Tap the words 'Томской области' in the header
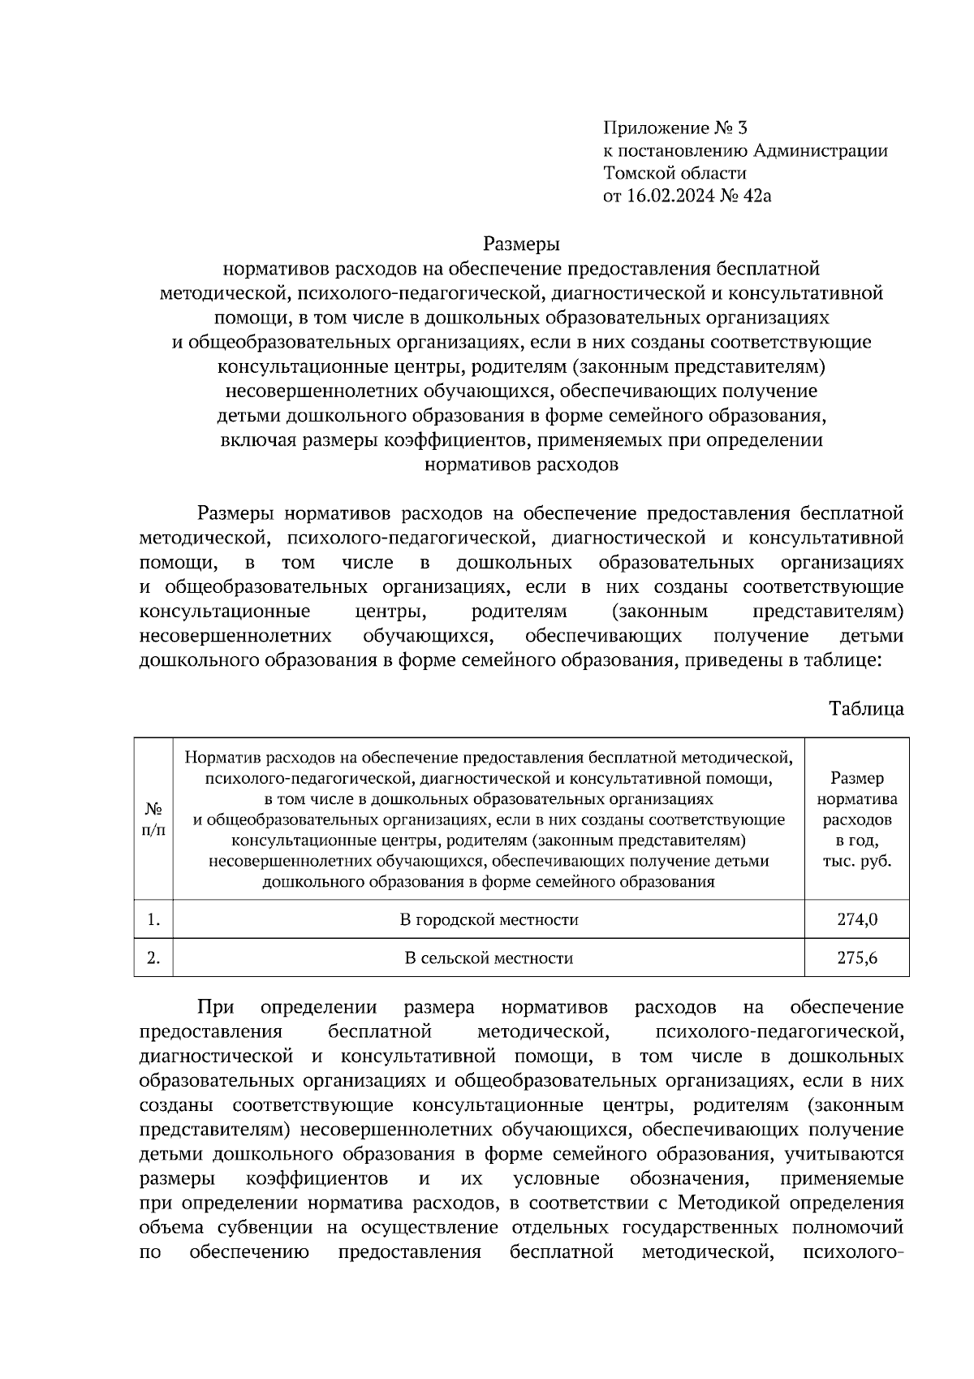tap(674, 173)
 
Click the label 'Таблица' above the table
tap(866, 708)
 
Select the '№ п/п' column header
tap(153, 819)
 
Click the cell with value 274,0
tap(857, 919)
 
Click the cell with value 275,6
tap(857, 958)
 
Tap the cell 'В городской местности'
tap(489, 919)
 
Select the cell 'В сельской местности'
tap(489, 958)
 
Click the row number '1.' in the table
tap(153, 919)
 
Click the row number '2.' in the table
tap(153, 958)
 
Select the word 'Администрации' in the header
tap(821, 150)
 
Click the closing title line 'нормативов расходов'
tap(521, 465)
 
